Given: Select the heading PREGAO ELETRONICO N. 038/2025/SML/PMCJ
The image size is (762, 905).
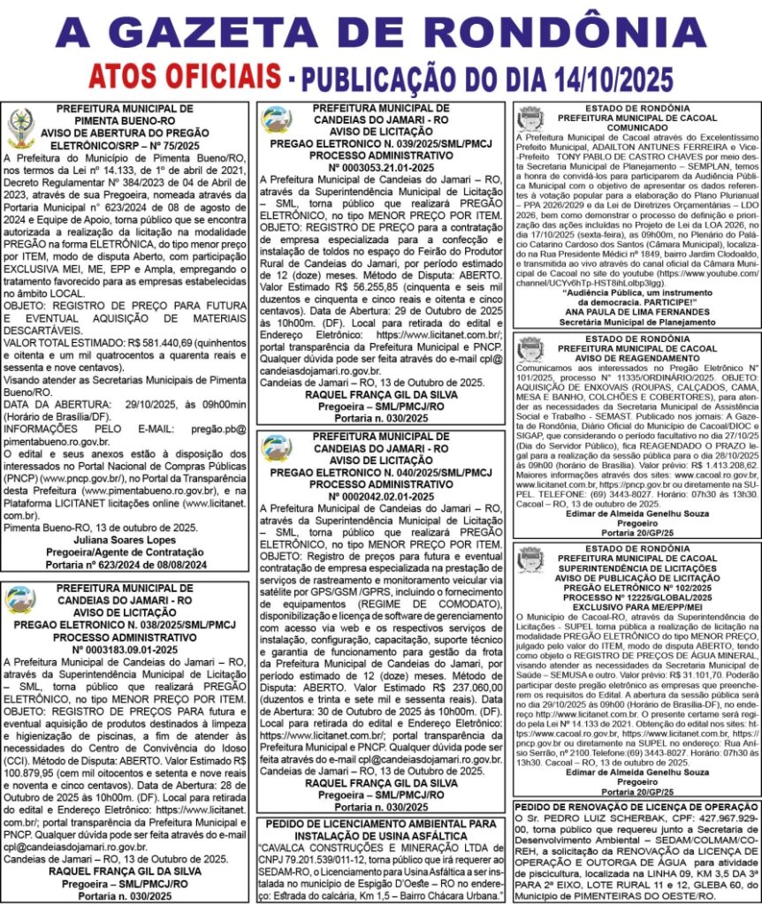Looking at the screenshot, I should pos(126,624).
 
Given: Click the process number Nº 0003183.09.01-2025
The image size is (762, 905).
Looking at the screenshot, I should pos(126,650).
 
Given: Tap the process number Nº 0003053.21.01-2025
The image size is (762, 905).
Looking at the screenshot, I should pos(381,166).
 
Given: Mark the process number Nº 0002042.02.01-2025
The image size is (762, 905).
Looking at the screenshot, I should pos(381,497).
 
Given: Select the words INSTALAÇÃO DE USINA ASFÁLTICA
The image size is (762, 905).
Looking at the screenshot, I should pos(381,836).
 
